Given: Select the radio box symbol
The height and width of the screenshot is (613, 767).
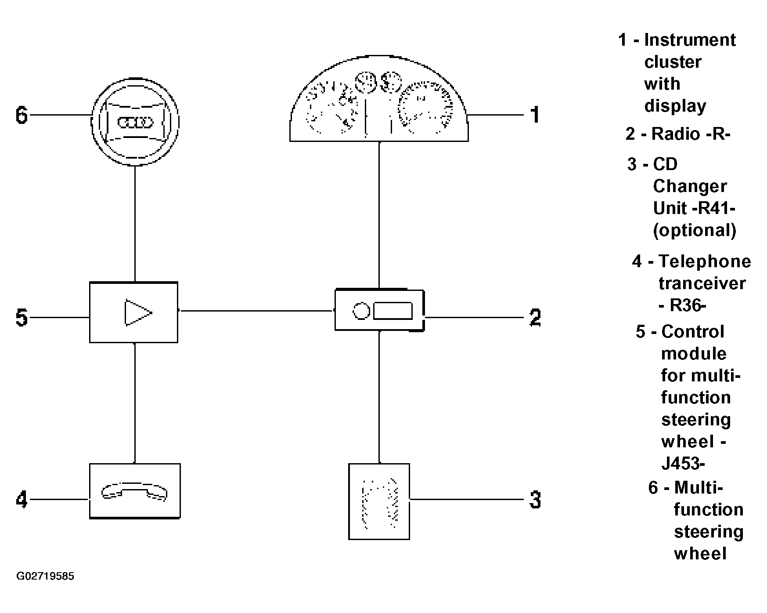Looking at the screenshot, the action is tap(379, 310).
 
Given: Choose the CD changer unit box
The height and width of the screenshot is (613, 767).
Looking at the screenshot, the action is tap(379, 501).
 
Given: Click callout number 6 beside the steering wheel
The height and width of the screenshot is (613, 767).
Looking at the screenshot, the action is tap(22, 116).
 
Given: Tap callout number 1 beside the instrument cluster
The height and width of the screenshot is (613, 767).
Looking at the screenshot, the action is tap(535, 115).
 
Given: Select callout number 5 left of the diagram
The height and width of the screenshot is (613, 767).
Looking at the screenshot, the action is tap(22, 317).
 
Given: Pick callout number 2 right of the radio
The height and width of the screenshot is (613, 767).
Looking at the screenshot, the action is tap(535, 317).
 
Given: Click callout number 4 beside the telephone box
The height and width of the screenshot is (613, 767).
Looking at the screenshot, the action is tap(22, 500).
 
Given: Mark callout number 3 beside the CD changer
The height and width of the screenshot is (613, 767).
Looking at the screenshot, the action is tap(535, 500).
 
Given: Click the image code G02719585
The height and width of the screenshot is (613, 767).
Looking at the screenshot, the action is tap(45, 576).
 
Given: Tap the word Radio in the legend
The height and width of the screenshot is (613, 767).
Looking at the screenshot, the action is tap(676, 134).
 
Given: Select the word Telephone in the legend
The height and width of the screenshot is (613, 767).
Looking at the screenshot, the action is tap(705, 261).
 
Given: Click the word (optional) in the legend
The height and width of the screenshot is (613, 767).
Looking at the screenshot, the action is tap(695, 230).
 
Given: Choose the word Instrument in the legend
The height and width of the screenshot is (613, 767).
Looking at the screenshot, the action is tap(690, 40).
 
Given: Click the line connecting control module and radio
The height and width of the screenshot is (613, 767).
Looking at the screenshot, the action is tap(256, 311).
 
